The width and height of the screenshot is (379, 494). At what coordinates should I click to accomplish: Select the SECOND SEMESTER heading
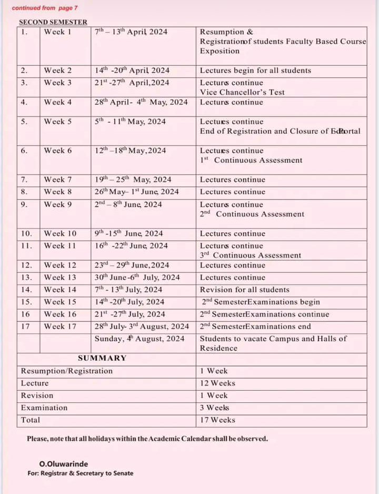[53, 22]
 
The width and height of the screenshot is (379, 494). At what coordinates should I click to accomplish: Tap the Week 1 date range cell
[131, 32]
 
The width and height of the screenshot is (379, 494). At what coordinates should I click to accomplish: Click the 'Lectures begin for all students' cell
[255, 71]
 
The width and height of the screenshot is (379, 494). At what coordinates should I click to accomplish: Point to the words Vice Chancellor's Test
[242, 92]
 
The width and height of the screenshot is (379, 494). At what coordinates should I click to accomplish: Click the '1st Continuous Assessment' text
[251, 160]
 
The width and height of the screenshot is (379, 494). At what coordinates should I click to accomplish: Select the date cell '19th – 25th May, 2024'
[133, 180]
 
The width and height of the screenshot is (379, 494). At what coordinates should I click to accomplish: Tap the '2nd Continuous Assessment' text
[252, 214]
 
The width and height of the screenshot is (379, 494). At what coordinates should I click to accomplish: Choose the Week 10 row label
[60, 233]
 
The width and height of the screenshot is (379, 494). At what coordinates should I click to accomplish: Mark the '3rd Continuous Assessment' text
[251, 255]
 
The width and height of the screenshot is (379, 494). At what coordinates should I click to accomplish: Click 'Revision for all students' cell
[244, 290]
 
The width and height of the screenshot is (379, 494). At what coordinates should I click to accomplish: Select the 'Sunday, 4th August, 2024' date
[139, 339]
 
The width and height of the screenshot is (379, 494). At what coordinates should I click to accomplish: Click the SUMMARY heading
[102, 358]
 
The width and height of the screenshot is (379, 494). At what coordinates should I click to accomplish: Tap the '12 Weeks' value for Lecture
[217, 383]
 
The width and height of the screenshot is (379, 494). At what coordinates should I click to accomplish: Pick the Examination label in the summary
[44, 408]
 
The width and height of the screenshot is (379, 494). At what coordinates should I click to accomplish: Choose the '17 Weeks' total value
[217, 420]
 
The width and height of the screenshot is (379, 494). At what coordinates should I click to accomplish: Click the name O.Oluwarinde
[64, 464]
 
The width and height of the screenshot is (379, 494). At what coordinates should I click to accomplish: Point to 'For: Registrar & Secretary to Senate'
[81, 473]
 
